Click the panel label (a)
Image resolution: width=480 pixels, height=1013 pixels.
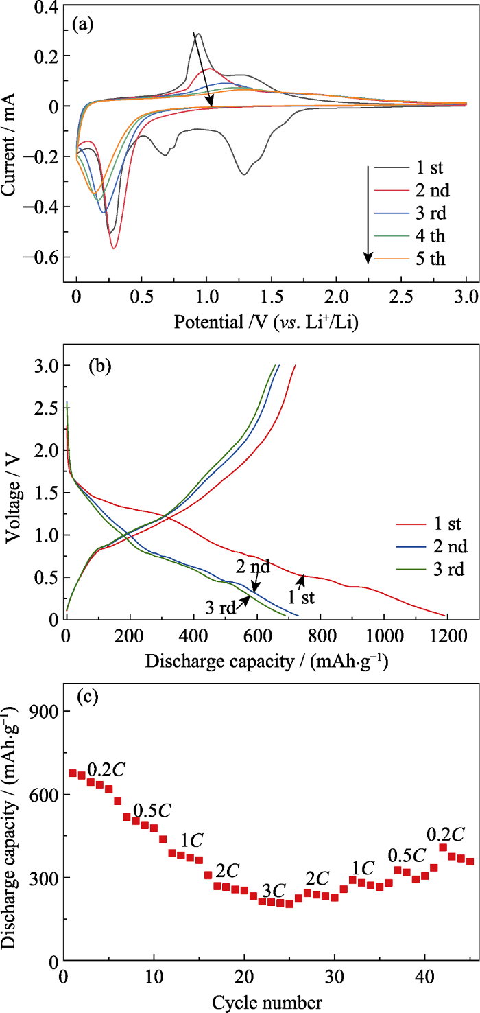pyautogui.click(x=83, y=25)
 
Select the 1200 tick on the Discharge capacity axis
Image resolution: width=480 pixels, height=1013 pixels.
pyautogui.click(x=446, y=634)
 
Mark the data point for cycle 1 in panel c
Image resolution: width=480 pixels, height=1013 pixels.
pyautogui.click(x=73, y=773)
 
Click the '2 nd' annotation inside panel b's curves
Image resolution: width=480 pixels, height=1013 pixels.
pyautogui.click(x=253, y=567)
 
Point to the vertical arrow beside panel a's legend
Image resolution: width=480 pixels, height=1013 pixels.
pyautogui.click(x=368, y=213)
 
